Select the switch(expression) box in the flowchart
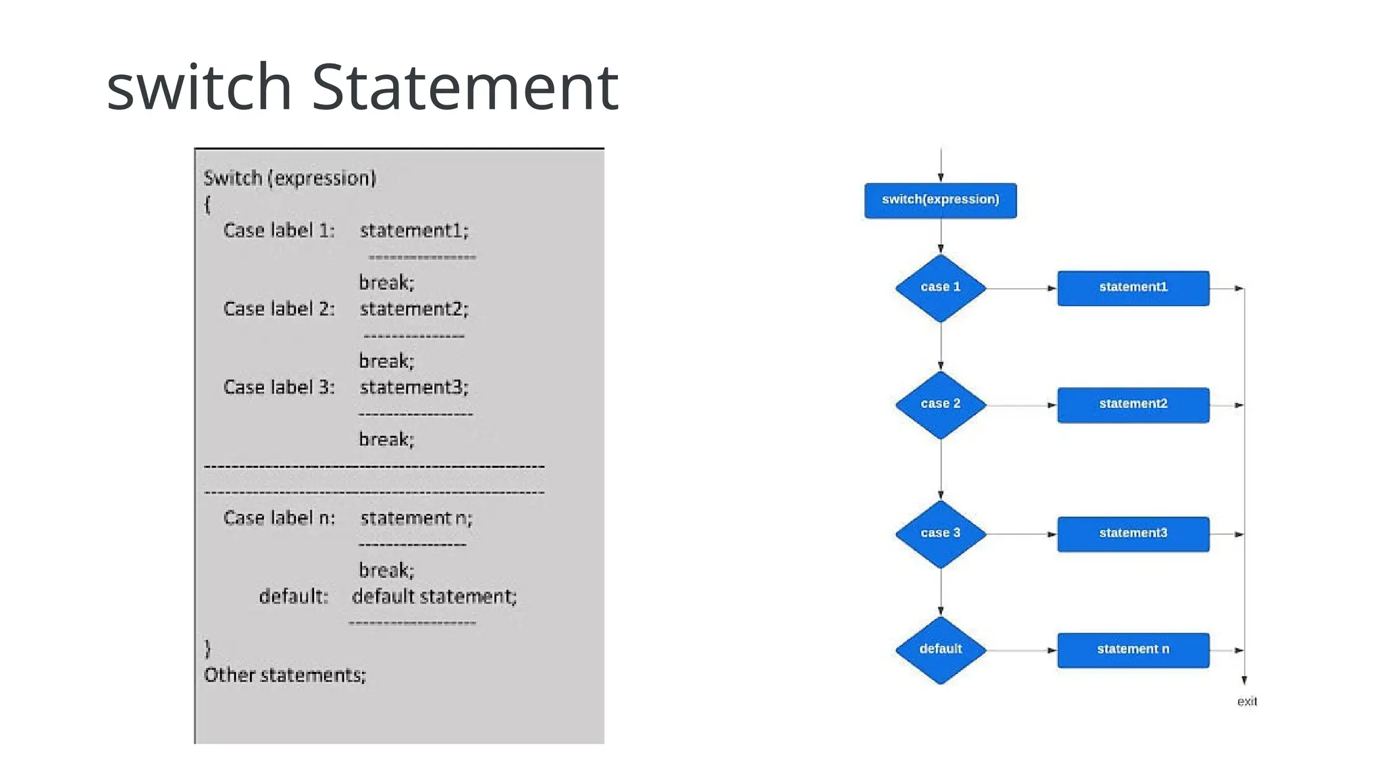coord(940,200)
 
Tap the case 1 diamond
coord(940,288)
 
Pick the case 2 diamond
coord(940,405)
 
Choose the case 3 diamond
coord(940,534)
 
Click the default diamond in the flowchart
coord(940,650)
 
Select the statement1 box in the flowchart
coord(1133,288)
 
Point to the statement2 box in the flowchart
coord(1133,405)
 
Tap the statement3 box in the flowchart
coord(1133,534)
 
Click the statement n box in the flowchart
coord(1133,650)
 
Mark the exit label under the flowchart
coord(1247,701)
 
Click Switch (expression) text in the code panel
coord(290,178)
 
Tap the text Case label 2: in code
coord(279,309)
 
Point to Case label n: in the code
coord(279,518)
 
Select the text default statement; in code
coord(434,596)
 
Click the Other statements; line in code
coord(285,675)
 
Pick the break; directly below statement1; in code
coord(386,282)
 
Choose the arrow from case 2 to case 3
coord(941,469)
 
